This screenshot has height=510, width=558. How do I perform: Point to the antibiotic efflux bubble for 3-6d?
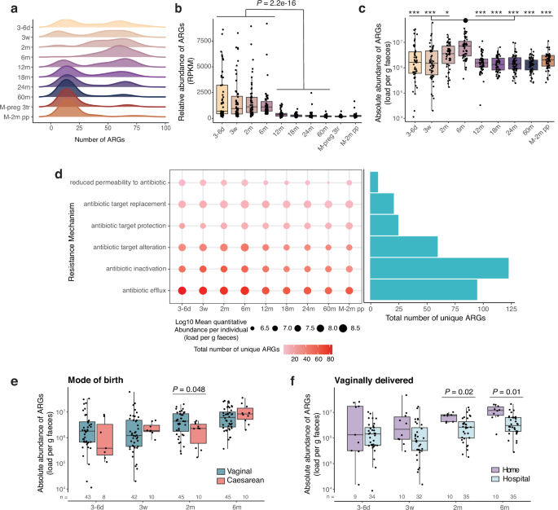182,289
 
